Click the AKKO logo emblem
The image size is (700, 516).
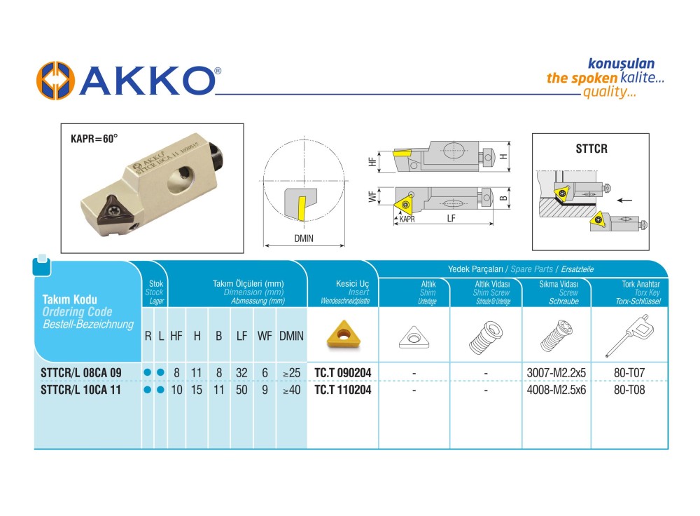[55, 81]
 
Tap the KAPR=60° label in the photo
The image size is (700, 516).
[94, 139]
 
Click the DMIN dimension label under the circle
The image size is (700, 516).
[304, 238]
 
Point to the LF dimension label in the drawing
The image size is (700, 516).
[451, 218]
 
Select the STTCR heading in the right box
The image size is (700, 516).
[591, 149]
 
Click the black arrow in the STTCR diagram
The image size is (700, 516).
[624, 200]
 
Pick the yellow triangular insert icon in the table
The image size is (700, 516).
[344, 334]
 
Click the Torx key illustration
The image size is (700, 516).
[629, 335]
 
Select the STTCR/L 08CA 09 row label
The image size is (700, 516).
[80, 372]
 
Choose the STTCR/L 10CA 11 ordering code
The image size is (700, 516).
[80, 390]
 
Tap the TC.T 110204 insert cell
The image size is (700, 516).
[343, 390]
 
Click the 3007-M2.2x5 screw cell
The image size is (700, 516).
[556, 372]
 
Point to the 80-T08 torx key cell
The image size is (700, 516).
[629, 390]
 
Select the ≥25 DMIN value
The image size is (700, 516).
[291, 372]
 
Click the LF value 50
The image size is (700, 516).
[241, 390]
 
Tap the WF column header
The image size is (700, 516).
[265, 336]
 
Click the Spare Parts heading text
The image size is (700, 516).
[531, 269]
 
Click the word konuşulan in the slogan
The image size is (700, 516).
[621, 64]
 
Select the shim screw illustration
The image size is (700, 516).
[486, 337]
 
